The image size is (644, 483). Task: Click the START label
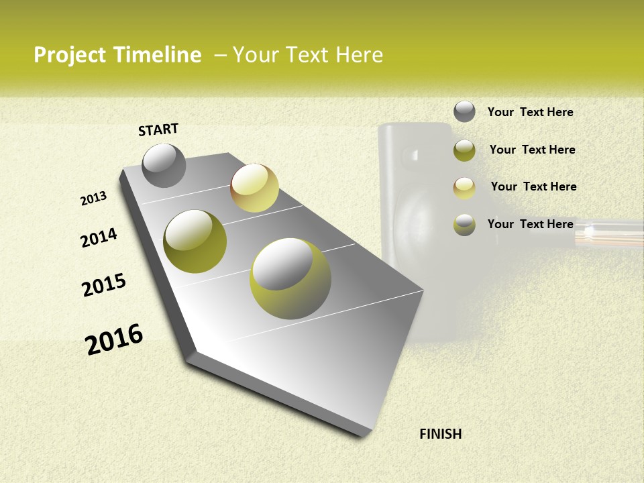(x=158, y=129)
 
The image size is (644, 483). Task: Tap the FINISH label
(x=441, y=434)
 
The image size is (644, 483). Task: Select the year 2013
(x=94, y=199)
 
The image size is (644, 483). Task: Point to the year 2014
(x=99, y=237)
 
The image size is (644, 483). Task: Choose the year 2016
(x=114, y=339)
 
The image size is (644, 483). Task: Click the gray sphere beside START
(x=164, y=165)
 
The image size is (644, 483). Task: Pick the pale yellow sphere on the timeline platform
(x=254, y=188)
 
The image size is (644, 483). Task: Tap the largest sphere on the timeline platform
(x=290, y=278)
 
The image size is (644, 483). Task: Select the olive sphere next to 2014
(x=195, y=241)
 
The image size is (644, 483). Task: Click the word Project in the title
(x=71, y=55)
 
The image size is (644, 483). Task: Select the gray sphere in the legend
(x=464, y=111)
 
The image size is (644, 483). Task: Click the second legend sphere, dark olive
(x=464, y=150)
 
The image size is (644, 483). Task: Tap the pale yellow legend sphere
(x=464, y=188)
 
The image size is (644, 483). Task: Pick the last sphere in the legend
(x=464, y=225)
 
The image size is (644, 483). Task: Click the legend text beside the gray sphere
(x=530, y=112)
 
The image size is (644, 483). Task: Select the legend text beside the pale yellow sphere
(x=533, y=186)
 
